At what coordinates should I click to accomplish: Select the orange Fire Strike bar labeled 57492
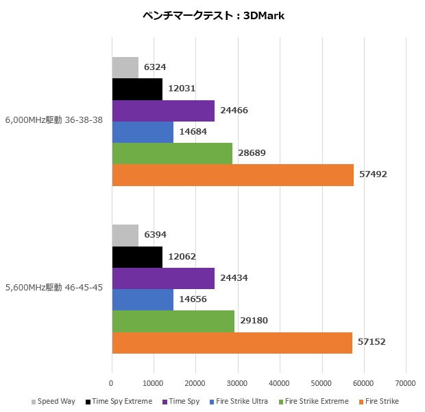click(x=232, y=174)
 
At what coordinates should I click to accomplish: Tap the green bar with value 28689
click(x=172, y=153)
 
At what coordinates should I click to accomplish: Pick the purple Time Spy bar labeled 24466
click(x=163, y=111)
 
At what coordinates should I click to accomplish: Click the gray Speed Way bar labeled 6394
click(x=125, y=236)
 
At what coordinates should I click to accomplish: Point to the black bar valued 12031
click(x=137, y=89)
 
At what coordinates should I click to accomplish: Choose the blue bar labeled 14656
click(x=143, y=299)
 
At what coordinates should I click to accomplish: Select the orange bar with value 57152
click(x=232, y=342)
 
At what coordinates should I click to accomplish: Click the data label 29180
click(x=254, y=321)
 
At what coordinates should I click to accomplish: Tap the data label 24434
click(x=234, y=278)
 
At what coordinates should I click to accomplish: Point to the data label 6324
click(x=155, y=67)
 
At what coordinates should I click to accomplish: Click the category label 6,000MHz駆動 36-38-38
click(x=54, y=120)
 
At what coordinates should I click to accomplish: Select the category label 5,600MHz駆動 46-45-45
click(x=54, y=288)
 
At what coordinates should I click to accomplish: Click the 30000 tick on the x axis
click(x=238, y=383)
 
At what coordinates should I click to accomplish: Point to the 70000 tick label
click(x=406, y=383)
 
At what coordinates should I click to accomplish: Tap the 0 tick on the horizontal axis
click(x=112, y=383)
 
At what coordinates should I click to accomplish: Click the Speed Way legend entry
click(x=54, y=402)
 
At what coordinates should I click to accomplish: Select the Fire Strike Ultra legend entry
click(x=239, y=402)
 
